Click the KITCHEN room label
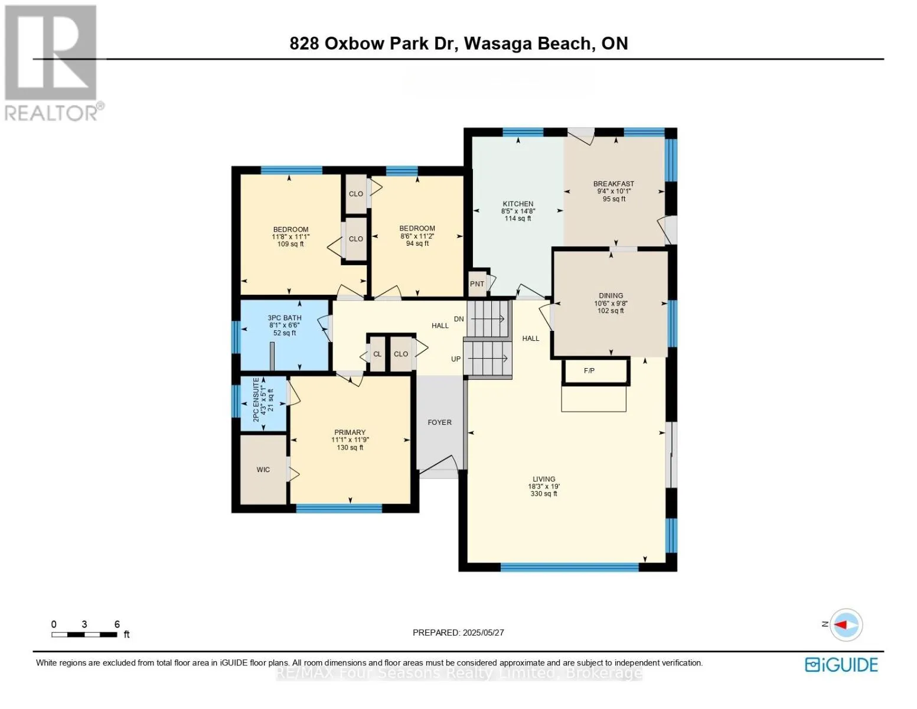tap(518, 204)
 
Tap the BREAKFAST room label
tap(613, 184)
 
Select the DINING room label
tap(611, 295)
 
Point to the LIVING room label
tap(543, 479)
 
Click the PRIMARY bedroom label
tap(350, 432)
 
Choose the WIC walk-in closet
tap(263, 470)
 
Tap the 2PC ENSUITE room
tap(263, 399)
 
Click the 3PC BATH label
tap(285, 318)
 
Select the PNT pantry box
tap(477, 284)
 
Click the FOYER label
tap(439, 422)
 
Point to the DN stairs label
tap(459, 319)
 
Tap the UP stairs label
tap(456, 359)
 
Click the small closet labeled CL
tap(377, 354)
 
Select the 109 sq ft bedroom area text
tap(291, 244)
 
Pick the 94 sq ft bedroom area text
tap(417, 243)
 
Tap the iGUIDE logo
tap(841, 665)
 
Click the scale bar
tap(84, 635)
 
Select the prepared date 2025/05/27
tap(458, 632)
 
